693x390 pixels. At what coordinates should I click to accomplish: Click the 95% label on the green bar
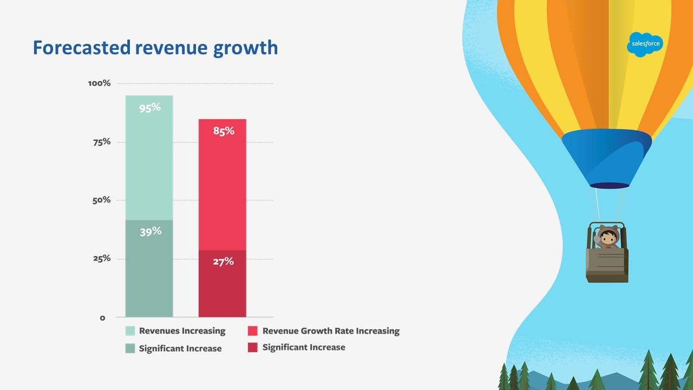click(150, 108)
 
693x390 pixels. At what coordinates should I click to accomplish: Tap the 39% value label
click(151, 231)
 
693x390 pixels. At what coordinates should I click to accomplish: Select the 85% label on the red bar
click(224, 131)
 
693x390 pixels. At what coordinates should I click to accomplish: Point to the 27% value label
click(224, 262)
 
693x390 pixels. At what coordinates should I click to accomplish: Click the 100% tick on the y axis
click(99, 83)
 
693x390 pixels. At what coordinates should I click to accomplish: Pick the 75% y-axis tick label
click(102, 142)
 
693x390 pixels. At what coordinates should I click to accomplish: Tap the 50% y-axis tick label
click(101, 200)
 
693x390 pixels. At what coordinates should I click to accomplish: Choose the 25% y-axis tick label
click(102, 258)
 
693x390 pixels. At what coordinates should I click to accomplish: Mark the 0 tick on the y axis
click(102, 318)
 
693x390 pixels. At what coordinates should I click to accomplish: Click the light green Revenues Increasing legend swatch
click(130, 330)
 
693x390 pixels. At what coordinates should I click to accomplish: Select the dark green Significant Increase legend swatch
click(130, 348)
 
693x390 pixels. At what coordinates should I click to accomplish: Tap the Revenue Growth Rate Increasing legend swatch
click(252, 330)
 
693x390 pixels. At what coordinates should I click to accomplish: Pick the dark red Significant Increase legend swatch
click(252, 347)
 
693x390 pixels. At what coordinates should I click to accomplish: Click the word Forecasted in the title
click(82, 48)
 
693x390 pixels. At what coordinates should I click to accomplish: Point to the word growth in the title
click(246, 49)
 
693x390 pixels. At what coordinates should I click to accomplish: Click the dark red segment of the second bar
click(223, 283)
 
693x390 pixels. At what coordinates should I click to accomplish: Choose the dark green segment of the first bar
click(149, 269)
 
